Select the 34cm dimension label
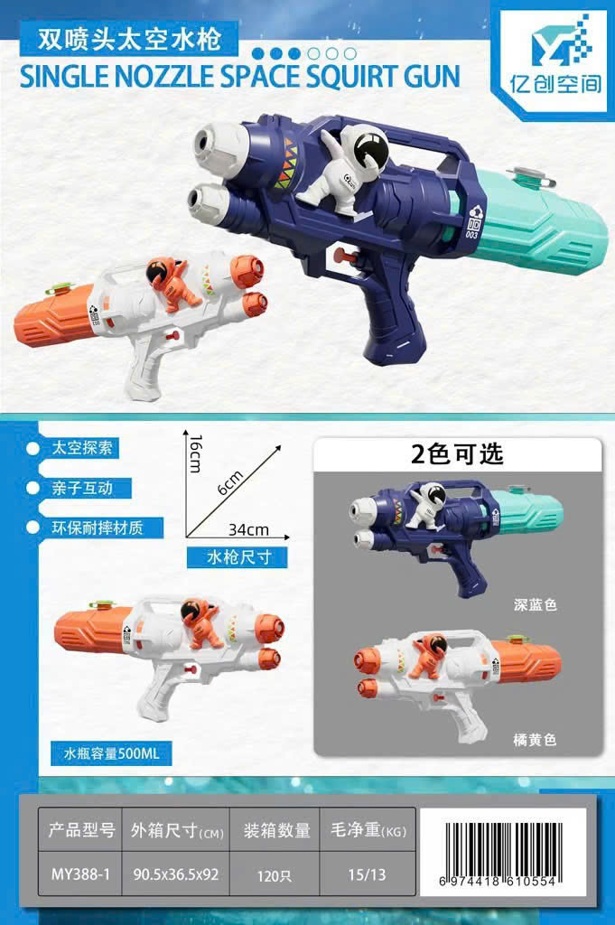248,529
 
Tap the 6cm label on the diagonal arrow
230,482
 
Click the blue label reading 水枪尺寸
237,556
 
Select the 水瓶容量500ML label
111,753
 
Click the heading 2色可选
457,453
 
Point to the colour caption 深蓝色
535,604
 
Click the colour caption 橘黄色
535,739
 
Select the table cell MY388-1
80,874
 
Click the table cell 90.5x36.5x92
176,874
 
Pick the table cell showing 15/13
367,874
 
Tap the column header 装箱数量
276,831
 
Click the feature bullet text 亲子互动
82,488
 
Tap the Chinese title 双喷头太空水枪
129,39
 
